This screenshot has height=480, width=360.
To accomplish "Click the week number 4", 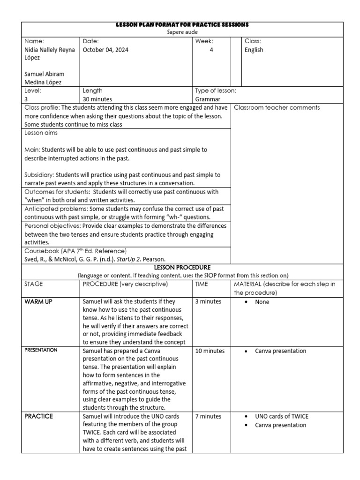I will [211, 50].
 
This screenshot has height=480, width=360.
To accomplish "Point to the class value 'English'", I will [254, 50].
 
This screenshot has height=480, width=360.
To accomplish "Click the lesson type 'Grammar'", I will [208, 99].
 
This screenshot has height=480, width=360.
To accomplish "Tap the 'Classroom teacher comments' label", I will [277, 108].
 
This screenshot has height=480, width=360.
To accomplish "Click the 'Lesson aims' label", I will [41, 133].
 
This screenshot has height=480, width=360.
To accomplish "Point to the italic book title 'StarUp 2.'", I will [131, 259].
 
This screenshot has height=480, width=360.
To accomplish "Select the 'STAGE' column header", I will [33, 284].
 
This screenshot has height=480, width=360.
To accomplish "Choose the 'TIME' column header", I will [202, 284].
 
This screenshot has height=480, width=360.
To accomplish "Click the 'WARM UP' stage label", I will [38, 302].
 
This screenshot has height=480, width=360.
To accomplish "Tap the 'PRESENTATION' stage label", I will [41, 350].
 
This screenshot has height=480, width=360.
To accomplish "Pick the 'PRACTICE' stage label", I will [38, 416].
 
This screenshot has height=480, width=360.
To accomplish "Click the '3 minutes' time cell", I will [208, 301].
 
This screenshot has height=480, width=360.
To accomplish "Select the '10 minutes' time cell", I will [210, 351].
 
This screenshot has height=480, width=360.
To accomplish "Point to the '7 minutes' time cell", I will [208, 416].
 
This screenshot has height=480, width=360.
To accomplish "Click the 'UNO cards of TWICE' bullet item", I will [282, 416].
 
